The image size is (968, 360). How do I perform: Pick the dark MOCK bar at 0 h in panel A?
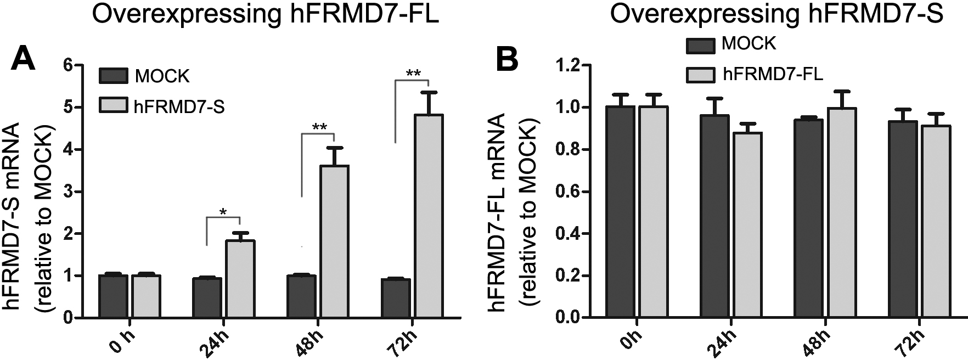114,296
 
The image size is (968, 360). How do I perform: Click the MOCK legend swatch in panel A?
113,76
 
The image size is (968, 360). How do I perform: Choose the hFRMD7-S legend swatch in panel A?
113,106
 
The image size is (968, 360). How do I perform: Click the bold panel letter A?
24,59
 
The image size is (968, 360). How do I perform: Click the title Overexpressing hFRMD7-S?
776,14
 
